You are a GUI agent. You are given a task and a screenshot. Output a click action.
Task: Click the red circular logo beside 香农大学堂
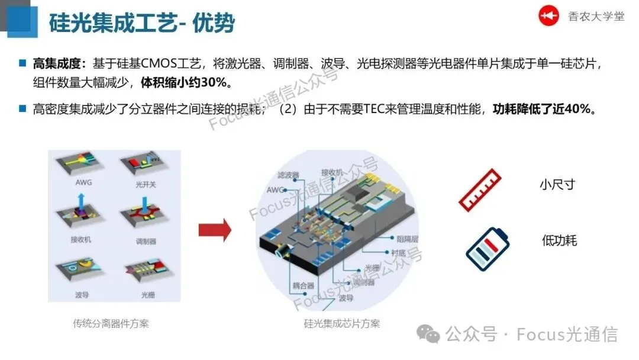(548, 16)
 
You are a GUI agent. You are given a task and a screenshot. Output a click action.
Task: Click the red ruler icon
(480, 191)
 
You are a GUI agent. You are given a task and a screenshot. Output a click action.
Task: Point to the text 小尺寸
(557, 184)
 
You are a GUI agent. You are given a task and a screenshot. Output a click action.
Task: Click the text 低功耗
(559, 240)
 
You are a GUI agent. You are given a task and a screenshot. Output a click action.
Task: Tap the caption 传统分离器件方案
(111, 323)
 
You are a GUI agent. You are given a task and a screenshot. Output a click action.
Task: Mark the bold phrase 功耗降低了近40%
(543, 109)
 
